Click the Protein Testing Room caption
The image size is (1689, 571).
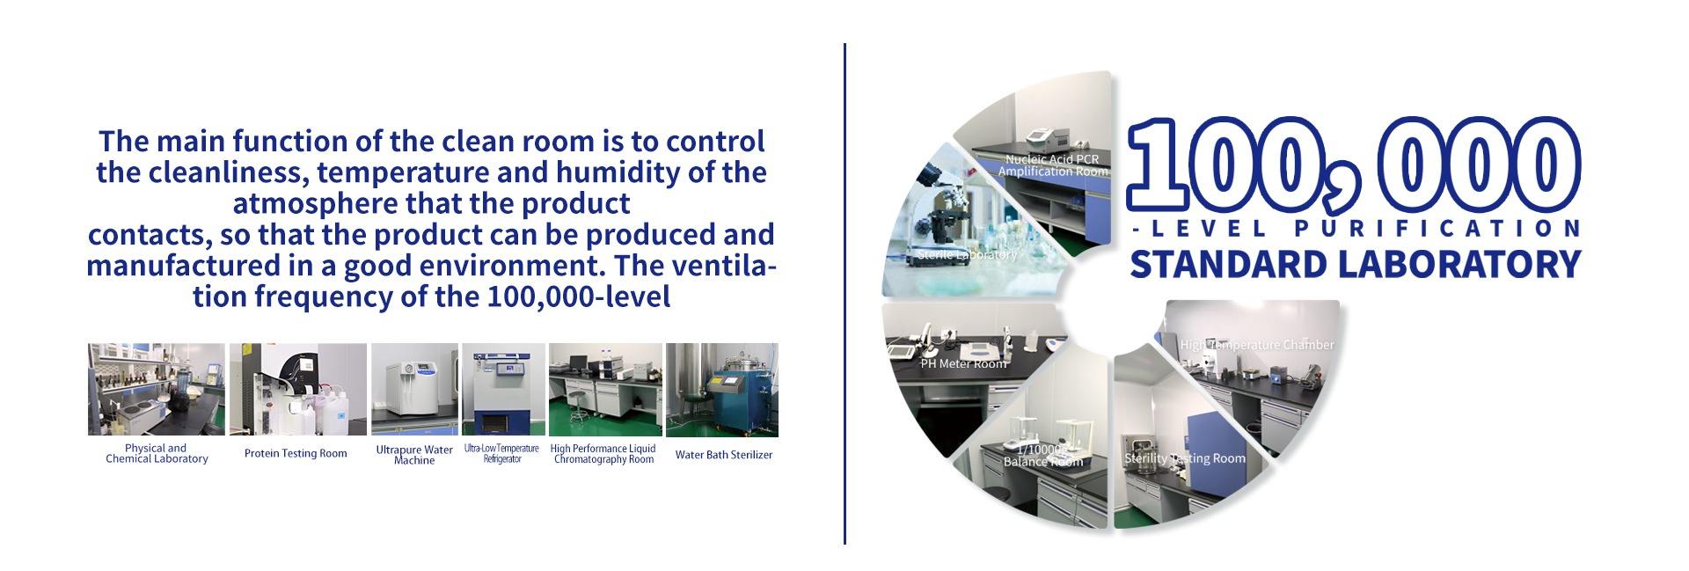[296, 454]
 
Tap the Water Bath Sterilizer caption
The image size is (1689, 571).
[723, 455]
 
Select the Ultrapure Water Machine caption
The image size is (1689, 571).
[414, 455]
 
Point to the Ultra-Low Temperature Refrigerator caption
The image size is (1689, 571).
[501, 454]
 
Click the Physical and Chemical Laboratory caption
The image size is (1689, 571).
[157, 453]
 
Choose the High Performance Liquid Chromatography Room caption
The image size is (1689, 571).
[603, 454]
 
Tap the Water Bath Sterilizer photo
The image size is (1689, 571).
[721, 390]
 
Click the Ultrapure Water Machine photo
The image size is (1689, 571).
[414, 389]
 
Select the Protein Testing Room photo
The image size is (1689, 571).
[297, 389]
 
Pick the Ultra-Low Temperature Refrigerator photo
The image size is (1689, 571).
[503, 389]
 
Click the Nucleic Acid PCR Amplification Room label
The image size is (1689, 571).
[1052, 165]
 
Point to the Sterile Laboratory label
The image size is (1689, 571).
[967, 254]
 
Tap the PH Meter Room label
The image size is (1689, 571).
[963, 363]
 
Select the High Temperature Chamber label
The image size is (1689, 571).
[1257, 345]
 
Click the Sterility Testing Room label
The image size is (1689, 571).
[1185, 458]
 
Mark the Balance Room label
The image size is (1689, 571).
[1042, 457]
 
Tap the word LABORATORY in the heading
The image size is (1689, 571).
[1453, 264]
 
